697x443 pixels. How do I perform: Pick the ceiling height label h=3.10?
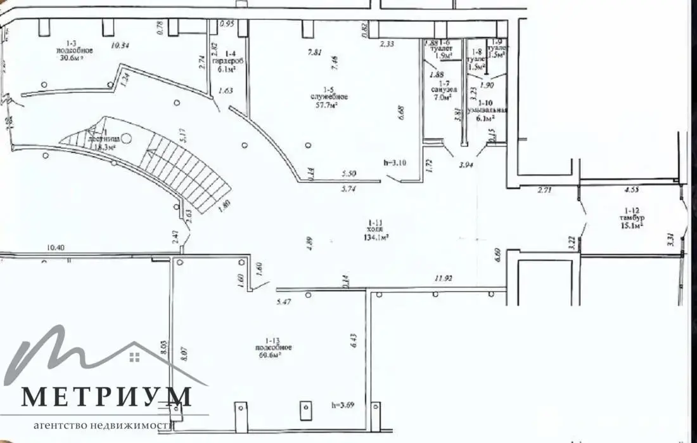point(396,162)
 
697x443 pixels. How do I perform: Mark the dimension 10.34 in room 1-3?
point(121,45)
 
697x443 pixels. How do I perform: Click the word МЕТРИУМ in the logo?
point(106,397)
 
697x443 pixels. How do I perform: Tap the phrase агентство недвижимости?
point(104,425)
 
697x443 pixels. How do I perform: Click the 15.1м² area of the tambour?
point(631,225)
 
